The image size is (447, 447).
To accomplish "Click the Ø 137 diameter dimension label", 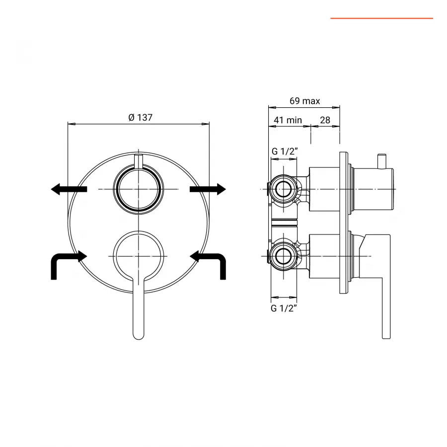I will (x=140, y=117).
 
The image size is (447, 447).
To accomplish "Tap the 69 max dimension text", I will (x=305, y=101).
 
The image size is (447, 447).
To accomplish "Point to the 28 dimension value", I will (x=325, y=120).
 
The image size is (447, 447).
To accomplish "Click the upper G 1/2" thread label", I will (x=284, y=151).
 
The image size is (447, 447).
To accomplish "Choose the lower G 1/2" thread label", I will (x=284, y=308).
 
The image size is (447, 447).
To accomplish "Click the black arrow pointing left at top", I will (x=69, y=189).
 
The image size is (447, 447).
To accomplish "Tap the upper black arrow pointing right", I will (x=208, y=189).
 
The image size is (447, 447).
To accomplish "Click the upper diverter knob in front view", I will (x=138, y=189).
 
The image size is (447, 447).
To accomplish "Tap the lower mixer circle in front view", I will (x=138, y=255).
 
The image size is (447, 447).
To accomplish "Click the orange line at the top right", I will (x=381, y=18).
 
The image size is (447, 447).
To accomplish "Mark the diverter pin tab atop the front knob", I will (x=139, y=161).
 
